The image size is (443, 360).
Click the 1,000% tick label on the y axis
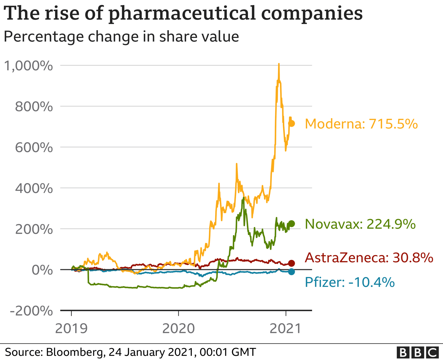click(28, 66)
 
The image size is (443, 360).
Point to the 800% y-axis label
click(34, 107)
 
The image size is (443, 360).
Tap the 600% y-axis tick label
click(34, 148)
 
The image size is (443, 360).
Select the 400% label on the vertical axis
click(34, 189)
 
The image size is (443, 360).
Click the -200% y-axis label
click(31, 311)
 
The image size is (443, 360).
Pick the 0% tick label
click(42, 270)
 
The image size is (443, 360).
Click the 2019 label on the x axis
click(71, 329)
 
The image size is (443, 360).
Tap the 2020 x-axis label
click(179, 329)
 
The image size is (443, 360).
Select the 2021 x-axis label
click(285, 329)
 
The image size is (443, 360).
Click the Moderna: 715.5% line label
click(361, 124)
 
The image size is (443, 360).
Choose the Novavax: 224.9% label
click(360, 224)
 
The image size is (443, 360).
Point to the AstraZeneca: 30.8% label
click(369, 258)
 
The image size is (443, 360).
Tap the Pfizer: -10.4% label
click(349, 282)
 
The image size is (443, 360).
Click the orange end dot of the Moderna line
click(292, 124)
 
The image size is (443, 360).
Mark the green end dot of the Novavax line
click(292, 224)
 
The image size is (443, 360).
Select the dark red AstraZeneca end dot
click(292, 263)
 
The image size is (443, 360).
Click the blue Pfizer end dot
click(292, 272)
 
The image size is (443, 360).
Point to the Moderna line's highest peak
click(279, 64)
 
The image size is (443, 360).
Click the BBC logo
click(418, 353)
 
